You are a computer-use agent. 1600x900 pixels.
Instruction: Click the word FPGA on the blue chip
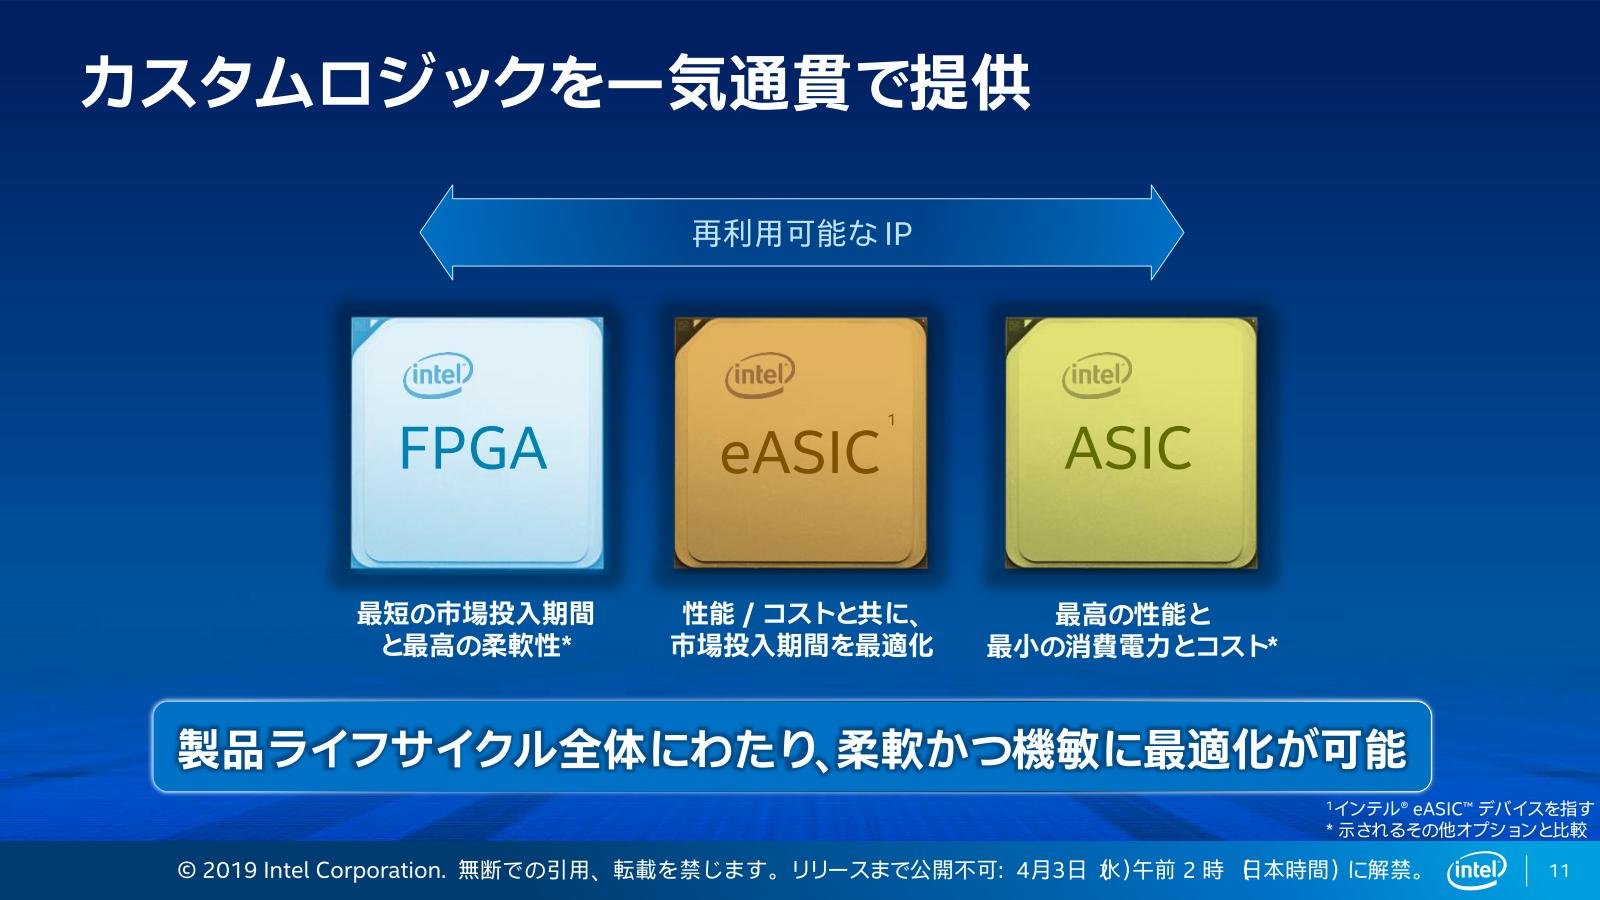473,448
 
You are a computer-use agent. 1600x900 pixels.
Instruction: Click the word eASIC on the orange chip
799,453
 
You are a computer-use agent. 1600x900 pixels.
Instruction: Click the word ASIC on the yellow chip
1128,448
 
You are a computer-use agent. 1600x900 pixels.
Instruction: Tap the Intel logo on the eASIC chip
760,375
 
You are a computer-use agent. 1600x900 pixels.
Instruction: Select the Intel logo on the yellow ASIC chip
1097,375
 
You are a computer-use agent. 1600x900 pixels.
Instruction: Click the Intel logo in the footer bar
1476,871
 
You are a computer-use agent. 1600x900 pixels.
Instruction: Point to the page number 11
1559,871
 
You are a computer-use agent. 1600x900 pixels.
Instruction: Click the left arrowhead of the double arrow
436,232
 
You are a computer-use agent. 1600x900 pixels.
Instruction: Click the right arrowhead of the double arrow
1167,232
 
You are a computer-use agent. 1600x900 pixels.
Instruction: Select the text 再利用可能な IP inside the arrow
802,234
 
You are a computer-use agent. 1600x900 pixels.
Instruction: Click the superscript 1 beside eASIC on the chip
891,420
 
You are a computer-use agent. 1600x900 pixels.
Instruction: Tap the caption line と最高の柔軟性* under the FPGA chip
476,646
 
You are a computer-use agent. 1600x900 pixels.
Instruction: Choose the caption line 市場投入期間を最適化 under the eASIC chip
801,646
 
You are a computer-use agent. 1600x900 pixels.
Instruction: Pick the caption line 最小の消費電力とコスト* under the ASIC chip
1131,646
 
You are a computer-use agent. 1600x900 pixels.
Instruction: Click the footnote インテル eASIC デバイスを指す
1460,809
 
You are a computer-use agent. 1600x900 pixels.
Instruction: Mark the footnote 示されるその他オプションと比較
1456,830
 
